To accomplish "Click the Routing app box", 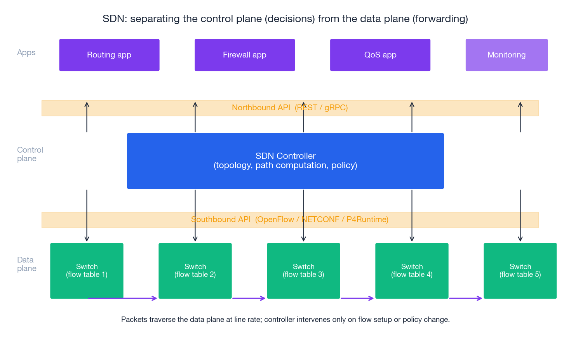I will [x=109, y=55].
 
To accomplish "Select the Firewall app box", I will [x=245, y=55].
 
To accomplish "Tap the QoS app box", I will [x=380, y=55].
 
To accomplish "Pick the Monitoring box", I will [x=507, y=55].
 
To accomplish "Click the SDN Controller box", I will [x=285, y=161].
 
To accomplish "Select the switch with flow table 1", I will [x=87, y=271].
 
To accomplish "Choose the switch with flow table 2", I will [x=195, y=271].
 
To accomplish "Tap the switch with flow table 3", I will [x=303, y=271].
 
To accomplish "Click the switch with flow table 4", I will [x=412, y=271].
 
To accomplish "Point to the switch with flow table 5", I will [x=520, y=271].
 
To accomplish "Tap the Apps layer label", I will [x=26, y=52].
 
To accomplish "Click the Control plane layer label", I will [x=30, y=154].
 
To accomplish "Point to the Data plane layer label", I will [x=26, y=264].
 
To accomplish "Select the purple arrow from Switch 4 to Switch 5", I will [x=465, y=298].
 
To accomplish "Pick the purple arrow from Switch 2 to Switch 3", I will [x=249, y=298].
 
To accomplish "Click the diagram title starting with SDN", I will [x=285, y=19].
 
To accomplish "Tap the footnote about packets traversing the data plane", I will [x=285, y=320].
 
